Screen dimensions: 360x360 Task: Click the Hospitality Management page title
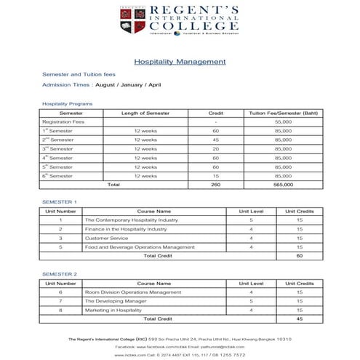tap(180, 63)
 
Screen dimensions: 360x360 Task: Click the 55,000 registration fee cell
tap(283, 122)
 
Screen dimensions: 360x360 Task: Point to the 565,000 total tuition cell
tap(283, 185)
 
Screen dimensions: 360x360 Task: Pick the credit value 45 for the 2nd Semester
tap(215, 140)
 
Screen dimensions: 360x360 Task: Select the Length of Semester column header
tap(145, 113)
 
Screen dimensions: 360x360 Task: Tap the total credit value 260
tap(215, 185)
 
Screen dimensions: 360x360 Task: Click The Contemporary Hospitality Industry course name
tap(131, 219)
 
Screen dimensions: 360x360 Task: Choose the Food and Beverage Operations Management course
tap(140, 247)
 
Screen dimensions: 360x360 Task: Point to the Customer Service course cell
tap(106, 238)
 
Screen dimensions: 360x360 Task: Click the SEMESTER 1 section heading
tap(60, 201)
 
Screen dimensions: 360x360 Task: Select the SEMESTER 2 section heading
tap(60, 274)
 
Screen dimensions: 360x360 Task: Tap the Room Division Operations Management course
tap(133, 292)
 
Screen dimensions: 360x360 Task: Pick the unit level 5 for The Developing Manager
tap(251, 300)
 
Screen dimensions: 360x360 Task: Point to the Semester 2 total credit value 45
tap(299, 319)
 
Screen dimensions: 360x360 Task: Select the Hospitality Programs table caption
tap(68, 104)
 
